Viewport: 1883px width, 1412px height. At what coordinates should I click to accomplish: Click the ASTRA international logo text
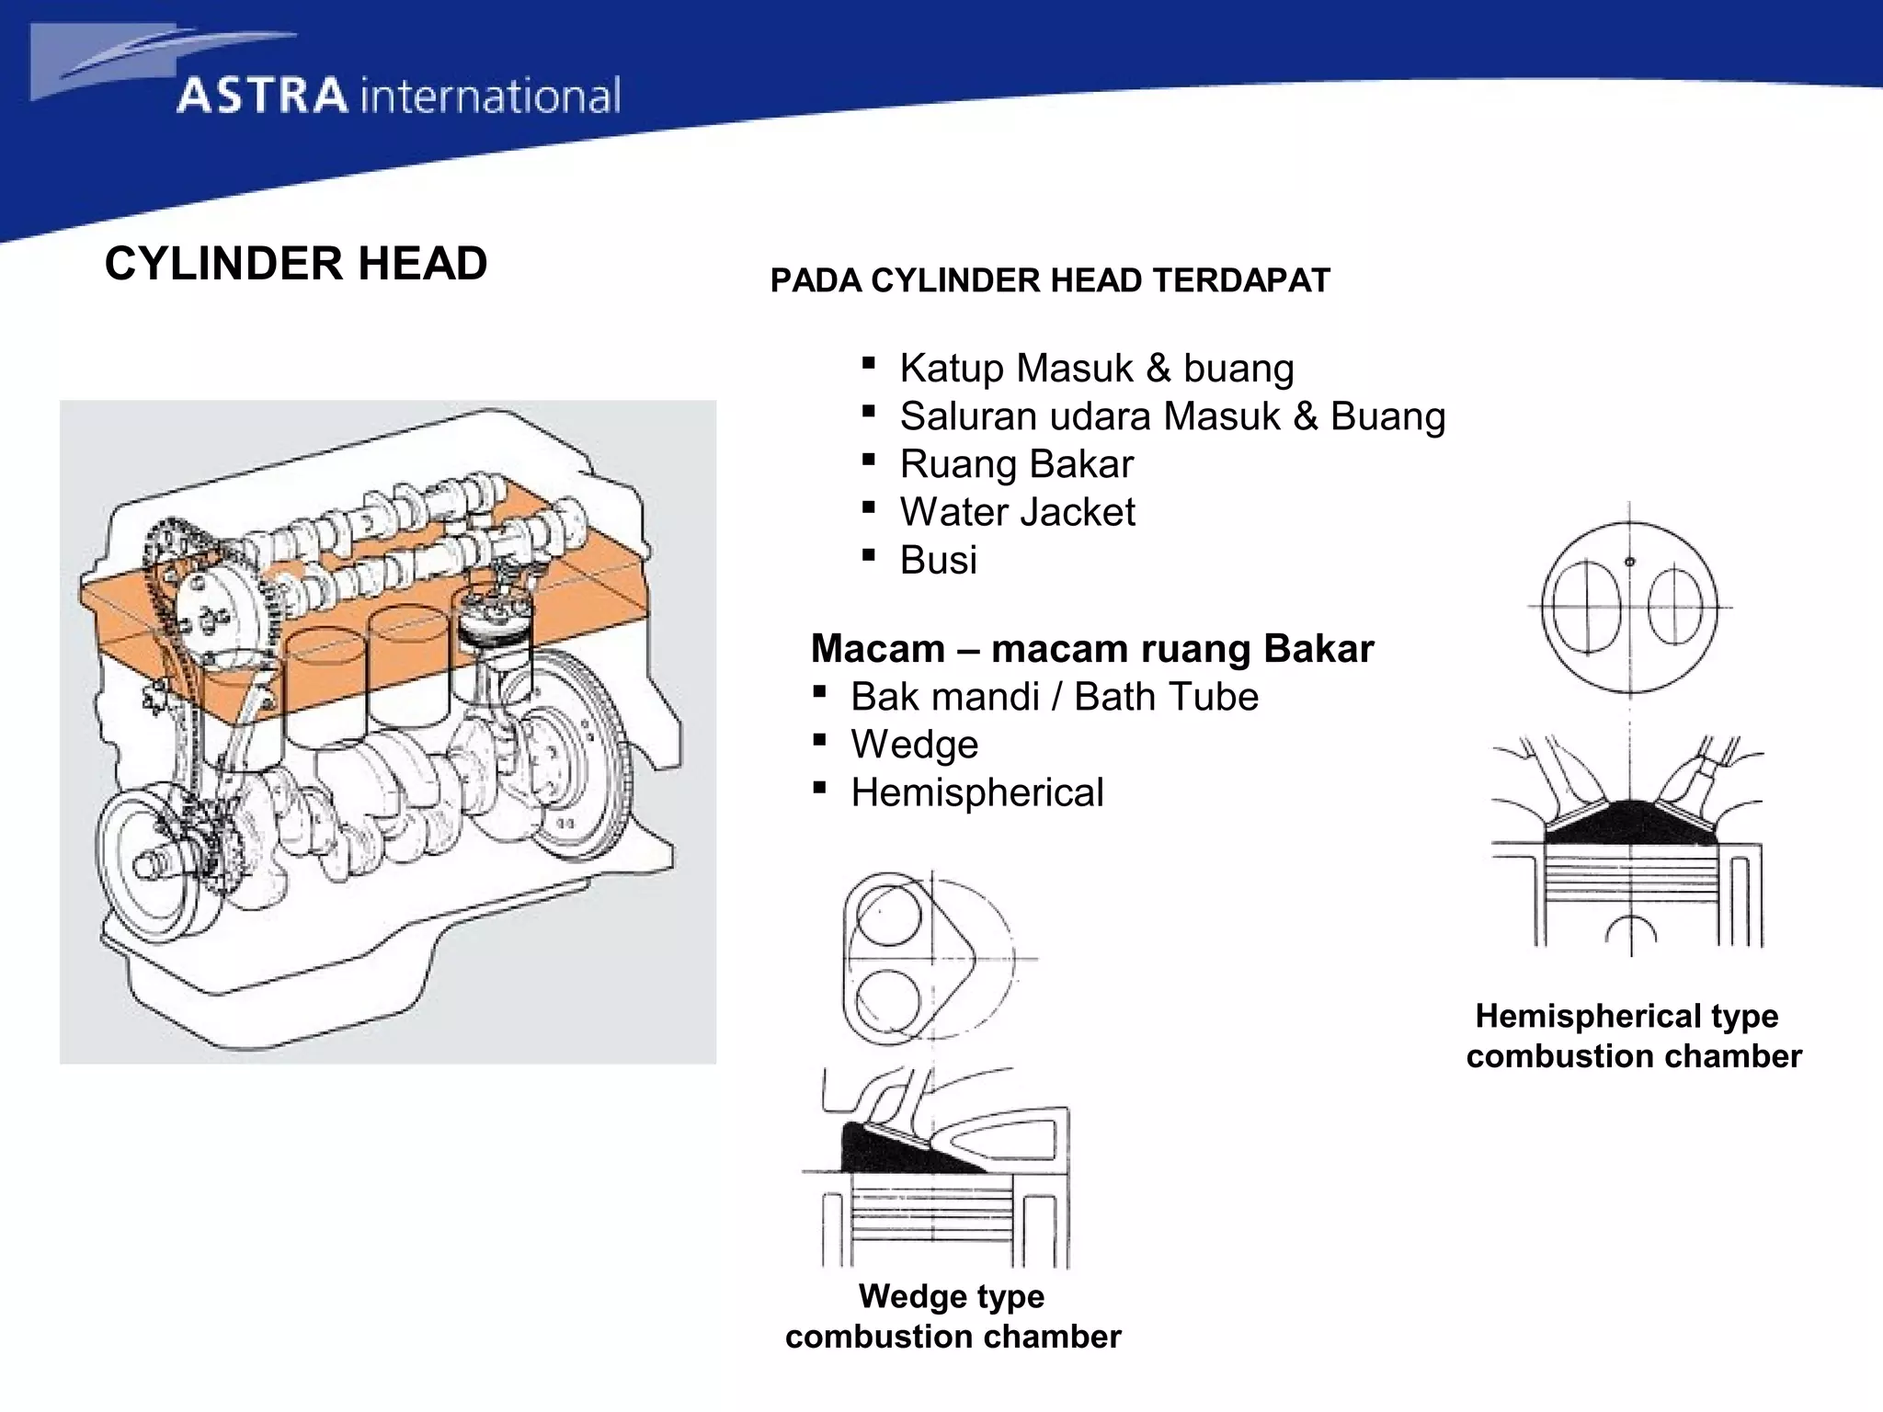point(398,96)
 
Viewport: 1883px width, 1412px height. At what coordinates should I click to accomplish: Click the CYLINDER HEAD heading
point(295,264)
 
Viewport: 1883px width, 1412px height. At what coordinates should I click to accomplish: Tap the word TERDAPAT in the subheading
point(1240,280)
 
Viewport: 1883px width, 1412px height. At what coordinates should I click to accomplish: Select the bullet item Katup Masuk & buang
point(1096,368)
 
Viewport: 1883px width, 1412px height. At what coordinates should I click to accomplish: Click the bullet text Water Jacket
point(1017,512)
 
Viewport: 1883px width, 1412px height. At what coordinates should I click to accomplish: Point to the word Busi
point(938,560)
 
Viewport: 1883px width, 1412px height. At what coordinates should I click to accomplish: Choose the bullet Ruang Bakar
point(1016,464)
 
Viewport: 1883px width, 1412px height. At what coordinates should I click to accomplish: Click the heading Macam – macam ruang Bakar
point(1091,649)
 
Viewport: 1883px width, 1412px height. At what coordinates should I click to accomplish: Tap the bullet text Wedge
point(914,745)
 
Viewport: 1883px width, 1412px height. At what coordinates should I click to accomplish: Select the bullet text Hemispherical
point(976,792)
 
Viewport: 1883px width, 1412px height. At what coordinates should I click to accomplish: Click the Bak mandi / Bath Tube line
point(1054,697)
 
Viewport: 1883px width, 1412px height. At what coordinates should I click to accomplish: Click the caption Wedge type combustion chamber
point(953,1315)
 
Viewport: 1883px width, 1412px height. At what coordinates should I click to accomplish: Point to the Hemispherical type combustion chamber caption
point(1632,1036)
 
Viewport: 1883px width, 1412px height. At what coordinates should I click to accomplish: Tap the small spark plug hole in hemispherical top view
point(1629,562)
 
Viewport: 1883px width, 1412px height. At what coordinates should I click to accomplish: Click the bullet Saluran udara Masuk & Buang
point(1171,416)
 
